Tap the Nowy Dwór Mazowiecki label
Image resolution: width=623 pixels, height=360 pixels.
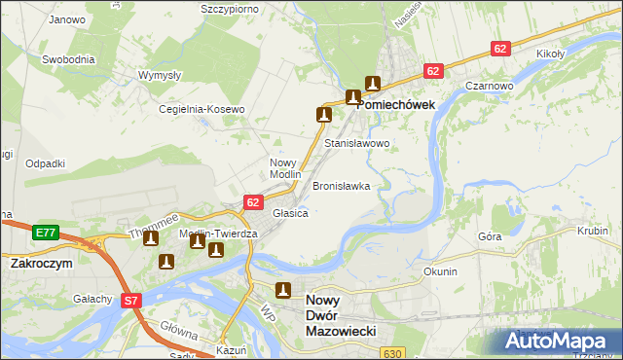click(341, 316)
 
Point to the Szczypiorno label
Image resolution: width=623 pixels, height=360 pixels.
click(229, 8)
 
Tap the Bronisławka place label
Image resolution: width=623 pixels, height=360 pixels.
click(341, 185)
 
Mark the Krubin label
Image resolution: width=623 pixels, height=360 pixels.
click(591, 232)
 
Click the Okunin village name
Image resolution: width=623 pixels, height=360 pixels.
click(440, 271)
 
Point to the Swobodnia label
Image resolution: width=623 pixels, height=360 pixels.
click(68, 58)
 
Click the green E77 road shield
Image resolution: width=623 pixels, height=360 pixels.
click(45, 233)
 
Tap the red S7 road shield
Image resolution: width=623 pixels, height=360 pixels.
click(132, 302)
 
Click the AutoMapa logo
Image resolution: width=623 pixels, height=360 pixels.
click(559, 342)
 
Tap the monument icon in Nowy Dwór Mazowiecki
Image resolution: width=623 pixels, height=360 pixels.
click(283, 289)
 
